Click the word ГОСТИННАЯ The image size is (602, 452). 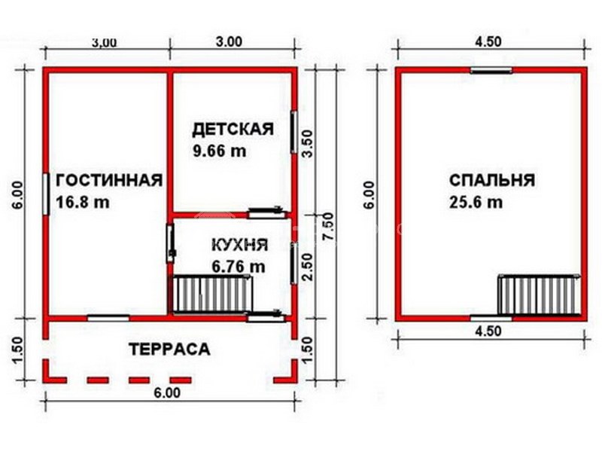109,180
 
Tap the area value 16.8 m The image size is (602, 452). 83,202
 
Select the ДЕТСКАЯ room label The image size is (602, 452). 233,129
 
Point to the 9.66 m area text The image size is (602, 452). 219,151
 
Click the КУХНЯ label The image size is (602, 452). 240,245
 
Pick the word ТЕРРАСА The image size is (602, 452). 170,350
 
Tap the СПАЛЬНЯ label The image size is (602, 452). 492,180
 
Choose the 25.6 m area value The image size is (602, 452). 476,202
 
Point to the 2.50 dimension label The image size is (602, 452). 308,267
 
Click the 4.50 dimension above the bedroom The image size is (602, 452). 488,41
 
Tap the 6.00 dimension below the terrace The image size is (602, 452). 167,392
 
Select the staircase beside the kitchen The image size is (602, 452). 211,294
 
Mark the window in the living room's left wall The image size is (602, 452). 46,194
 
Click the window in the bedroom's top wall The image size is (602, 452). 491,70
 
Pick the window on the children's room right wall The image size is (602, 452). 293,132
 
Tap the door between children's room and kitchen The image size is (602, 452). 267,212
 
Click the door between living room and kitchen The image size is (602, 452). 171,243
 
